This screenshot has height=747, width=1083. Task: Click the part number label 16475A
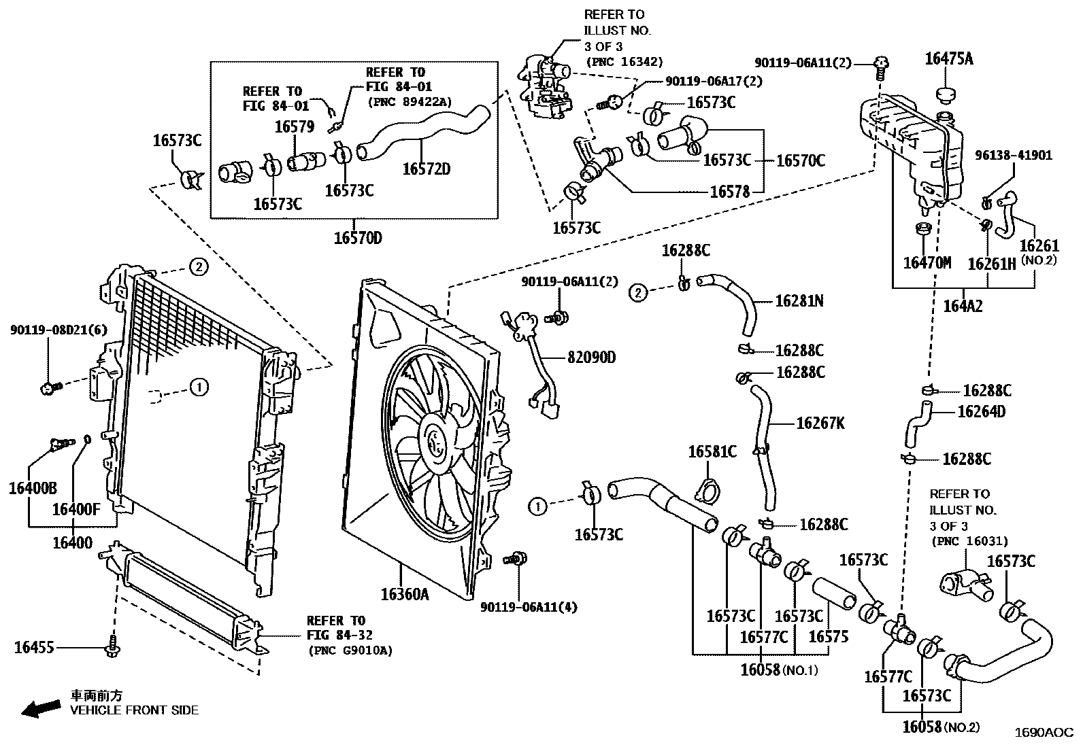pyautogui.click(x=948, y=59)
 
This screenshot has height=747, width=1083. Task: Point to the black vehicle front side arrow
pyautogui.click(x=39, y=710)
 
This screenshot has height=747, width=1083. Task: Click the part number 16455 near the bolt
pyautogui.click(x=34, y=648)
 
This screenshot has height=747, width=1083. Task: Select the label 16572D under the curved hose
pyautogui.click(x=426, y=169)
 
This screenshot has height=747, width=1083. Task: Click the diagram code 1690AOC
pyautogui.click(x=1044, y=733)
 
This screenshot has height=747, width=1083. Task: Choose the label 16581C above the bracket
pyautogui.click(x=712, y=451)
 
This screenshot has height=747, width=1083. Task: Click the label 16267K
pyautogui.click(x=820, y=423)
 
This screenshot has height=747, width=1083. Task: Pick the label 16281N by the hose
pyautogui.click(x=799, y=300)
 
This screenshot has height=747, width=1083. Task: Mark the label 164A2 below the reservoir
pyautogui.click(x=963, y=307)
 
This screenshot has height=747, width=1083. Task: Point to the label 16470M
pyautogui.click(x=927, y=262)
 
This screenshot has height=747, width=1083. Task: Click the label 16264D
pyautogui.click(x=981, y=411)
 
